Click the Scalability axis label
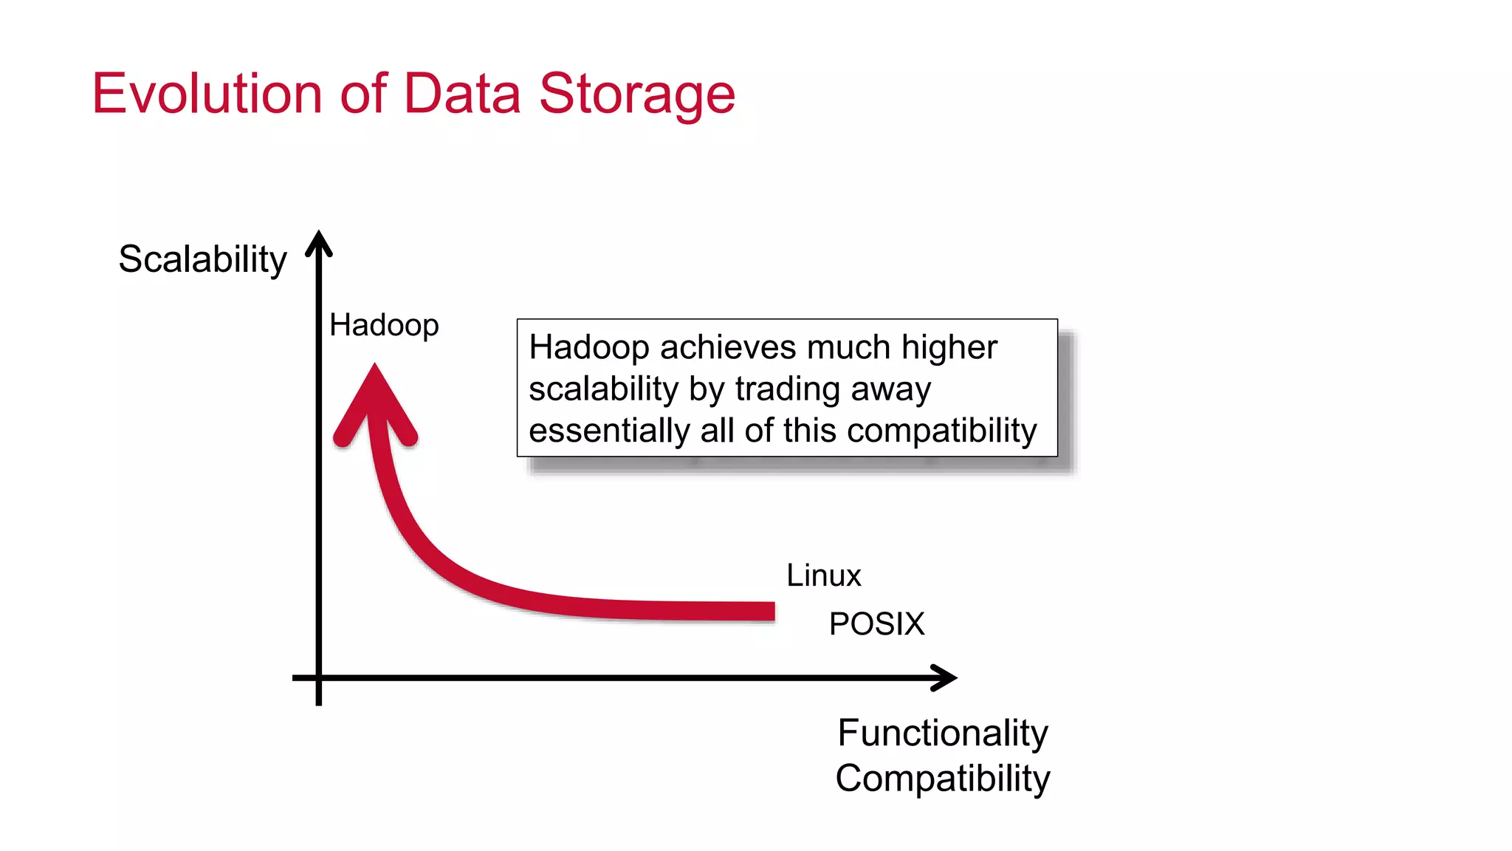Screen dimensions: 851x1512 [202, 259]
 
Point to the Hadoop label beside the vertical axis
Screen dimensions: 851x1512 [384, 325]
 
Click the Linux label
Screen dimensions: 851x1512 [823, 575]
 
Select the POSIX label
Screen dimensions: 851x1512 [876, 624]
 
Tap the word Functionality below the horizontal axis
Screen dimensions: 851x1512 [943, 733]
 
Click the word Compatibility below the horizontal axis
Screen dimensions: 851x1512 [943, 779]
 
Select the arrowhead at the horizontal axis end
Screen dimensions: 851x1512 [946, 677]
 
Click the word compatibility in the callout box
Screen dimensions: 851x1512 [941, 431]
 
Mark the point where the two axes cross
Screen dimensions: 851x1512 [319, 677]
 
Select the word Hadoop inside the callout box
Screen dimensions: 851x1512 [588, 347]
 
